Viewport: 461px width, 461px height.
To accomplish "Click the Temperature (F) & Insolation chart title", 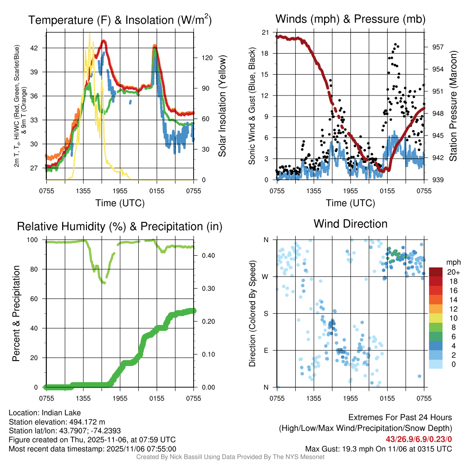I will (x=120, y=20).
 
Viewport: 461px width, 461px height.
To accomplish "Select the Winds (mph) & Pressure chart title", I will (x=350, y=19).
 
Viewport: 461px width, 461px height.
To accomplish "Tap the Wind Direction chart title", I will (x=350, y=224).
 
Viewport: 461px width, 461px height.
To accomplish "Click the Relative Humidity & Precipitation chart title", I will (x=120, y=226).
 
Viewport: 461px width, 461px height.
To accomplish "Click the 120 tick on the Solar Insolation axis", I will (x=202, y=58).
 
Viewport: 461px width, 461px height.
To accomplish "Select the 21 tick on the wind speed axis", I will (x=266, y=32).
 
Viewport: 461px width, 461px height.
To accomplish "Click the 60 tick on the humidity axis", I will (x=37, y=299).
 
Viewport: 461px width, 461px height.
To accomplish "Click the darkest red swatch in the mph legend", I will (x=436, y=272).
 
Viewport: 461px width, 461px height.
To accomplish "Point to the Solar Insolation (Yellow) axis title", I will (x=222, y=106).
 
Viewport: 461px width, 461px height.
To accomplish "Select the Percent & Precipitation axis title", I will (x=16, y=313).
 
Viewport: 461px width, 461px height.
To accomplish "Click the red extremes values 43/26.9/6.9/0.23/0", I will (x=418, y=439).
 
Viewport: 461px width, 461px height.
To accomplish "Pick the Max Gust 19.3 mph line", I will (x=378, y=448).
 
